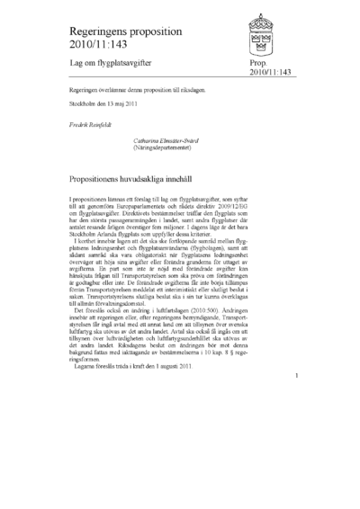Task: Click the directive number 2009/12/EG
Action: click(266, 204)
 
